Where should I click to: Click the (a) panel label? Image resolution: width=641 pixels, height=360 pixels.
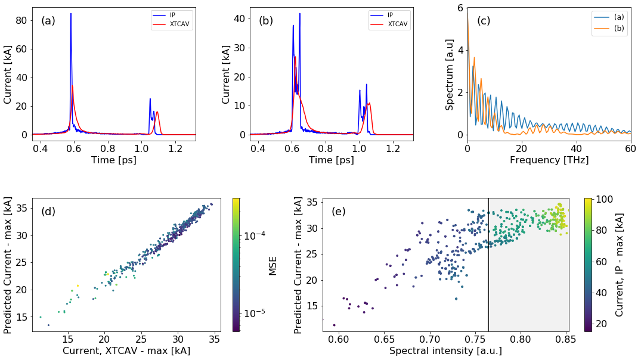(48, 21)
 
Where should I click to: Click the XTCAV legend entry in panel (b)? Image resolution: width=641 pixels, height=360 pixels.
(398, 24)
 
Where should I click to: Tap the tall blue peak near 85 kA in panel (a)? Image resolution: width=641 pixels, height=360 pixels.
(71, 14)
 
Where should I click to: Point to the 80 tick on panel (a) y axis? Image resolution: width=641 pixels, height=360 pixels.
(22, 20)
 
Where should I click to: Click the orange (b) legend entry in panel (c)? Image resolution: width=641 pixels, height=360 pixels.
(617, 28)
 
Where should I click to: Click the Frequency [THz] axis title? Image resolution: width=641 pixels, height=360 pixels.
(549, 160)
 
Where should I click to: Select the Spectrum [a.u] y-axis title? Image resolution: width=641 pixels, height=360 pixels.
(450, 72)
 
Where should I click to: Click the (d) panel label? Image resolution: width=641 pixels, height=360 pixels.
(48, 212)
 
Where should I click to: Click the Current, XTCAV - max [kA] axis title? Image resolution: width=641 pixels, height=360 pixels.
(126, 351)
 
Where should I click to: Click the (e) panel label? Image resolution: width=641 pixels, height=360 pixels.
(339, 212)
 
